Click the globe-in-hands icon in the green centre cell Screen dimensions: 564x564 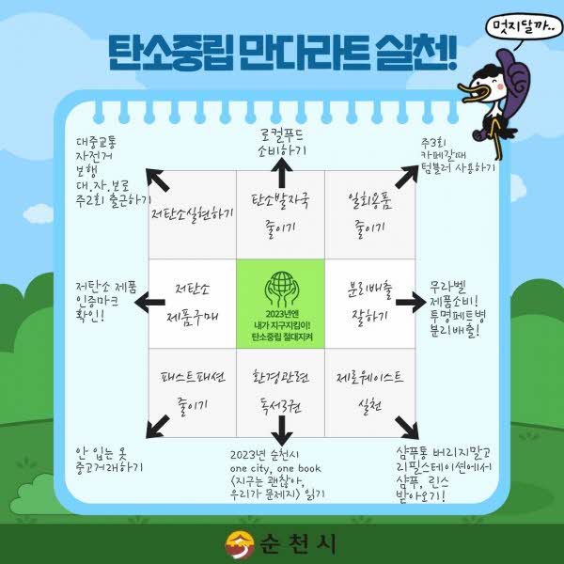pos(282,289)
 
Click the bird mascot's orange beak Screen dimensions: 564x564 pos(475,93)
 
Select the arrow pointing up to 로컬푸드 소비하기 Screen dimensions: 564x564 pos(282,173)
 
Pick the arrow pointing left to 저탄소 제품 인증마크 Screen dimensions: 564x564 pos(149,302)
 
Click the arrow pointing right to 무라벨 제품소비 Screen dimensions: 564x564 pos(411,302)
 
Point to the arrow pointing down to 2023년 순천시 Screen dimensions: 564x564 pos(282,431)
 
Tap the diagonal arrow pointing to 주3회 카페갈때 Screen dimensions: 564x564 pos(407,177)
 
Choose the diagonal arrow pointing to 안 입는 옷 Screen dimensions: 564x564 pos(157,427)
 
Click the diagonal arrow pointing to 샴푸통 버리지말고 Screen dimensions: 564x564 pos(407,428)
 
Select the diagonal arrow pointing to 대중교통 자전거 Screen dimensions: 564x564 pos(157,180)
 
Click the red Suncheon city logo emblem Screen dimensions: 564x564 pos(240,544)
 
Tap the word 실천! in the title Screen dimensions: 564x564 pos(416,53)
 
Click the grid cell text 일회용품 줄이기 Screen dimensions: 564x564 pos(369,213)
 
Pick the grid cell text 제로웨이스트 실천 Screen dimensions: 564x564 pos(369,391)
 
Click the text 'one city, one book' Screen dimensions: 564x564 pos(275,468)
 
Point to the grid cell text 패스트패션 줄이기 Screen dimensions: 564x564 pos(193,392)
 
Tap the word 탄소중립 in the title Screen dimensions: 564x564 pos(170,53)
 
